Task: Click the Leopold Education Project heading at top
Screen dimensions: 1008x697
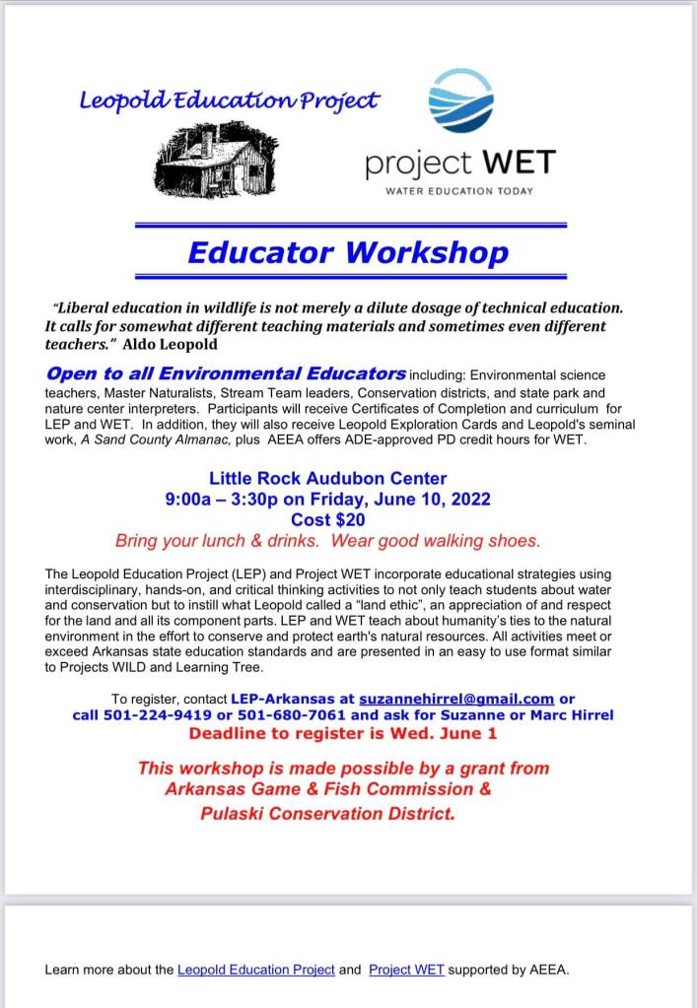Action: pyautogui.click(x=229, y=101)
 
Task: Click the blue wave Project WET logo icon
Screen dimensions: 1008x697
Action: pyautogui.click(x=460, y=100)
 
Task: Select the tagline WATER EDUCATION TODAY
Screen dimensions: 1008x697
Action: pyautogui.click(x=460, y=190)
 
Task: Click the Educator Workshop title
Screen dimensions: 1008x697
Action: pyautogui.click(x=348, y=252)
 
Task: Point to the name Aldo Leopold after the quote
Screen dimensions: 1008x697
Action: pyautogui.click(x=168, y=345)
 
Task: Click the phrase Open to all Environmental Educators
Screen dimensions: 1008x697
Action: pyautogui.click(x=226, y=374)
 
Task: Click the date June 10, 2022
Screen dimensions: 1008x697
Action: pyautogui.click(x=433, y=500)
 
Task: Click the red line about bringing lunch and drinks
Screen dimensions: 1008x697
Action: pyautogui.click(x=327, y=541)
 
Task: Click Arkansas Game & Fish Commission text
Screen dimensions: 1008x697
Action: pyautogui.click(x=327, y=789)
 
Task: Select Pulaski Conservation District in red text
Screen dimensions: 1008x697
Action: pyautogui.click(x=327, y=814)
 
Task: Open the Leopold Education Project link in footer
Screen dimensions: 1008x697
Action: pyautogui.click(x=255, y=970)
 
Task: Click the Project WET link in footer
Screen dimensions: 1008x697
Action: pyautogui.click(x=406, y=970)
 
